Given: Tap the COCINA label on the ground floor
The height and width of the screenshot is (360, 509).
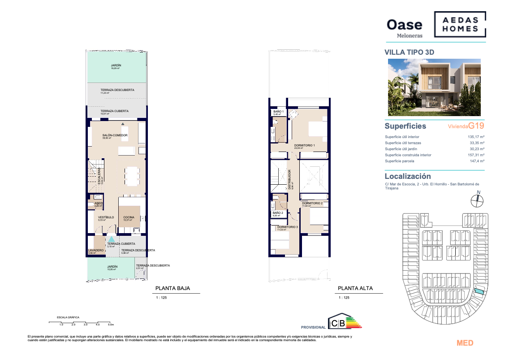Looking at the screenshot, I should pyautogui.click(x=129, y=217).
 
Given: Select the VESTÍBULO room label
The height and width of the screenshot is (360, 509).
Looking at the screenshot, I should pyautogui.click(x=106, y=217).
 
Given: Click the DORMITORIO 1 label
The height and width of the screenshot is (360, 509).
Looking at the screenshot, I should pyautogui.click(x=305, y=146).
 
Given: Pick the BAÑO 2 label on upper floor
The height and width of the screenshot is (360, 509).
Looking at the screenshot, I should pyautogui.click(x=278, y=213).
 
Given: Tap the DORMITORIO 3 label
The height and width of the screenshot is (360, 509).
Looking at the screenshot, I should pyautogui.click(x=287, y=227).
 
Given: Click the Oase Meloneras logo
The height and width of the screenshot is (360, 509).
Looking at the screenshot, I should pyautogui.click(x=404, y=27).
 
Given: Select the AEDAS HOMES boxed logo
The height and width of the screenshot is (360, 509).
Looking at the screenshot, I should pyautogui.click(x=460, y=24).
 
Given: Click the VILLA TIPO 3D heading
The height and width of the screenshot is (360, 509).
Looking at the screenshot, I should pyautogui.click(x=410, y=52).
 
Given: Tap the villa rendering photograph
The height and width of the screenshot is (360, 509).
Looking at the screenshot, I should pyautogui.click(x=434, y=87).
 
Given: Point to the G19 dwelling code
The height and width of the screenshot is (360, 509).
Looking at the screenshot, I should pyautogui.click(x=476, y=126).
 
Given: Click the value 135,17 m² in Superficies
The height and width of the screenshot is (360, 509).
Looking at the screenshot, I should pyautogui.click(x=477, y=137).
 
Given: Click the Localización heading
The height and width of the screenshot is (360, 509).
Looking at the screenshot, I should pyautogui.click(x=408, y=177).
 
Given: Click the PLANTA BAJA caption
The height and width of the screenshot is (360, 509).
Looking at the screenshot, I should pyautogui.click(x=173, y=289).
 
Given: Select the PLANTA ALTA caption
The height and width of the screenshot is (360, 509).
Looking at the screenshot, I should pyautogui.click(x=355, y=289).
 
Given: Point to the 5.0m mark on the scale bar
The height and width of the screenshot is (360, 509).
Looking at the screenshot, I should pyautogui.click(x=110, y=324).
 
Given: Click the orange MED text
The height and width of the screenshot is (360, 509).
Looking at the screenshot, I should pyautogui.click(x=465, y=343).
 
